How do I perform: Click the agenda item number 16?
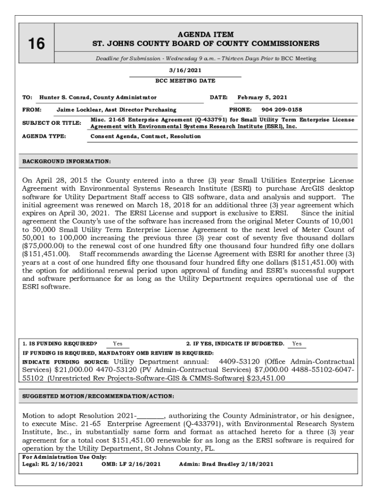click(36, 44)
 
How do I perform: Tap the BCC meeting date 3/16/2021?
click(185, 70)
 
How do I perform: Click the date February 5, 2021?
click(262, 97)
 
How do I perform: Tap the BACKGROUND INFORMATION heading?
click(67, 161)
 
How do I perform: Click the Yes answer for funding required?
click(118, 343)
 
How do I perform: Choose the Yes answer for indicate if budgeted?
click(297, 343)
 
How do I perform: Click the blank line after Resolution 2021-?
click(153, 416)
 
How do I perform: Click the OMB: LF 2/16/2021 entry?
click(131, 464)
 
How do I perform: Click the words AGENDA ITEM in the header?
click(206, 35)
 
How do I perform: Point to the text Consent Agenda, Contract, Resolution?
click(145, 137)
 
